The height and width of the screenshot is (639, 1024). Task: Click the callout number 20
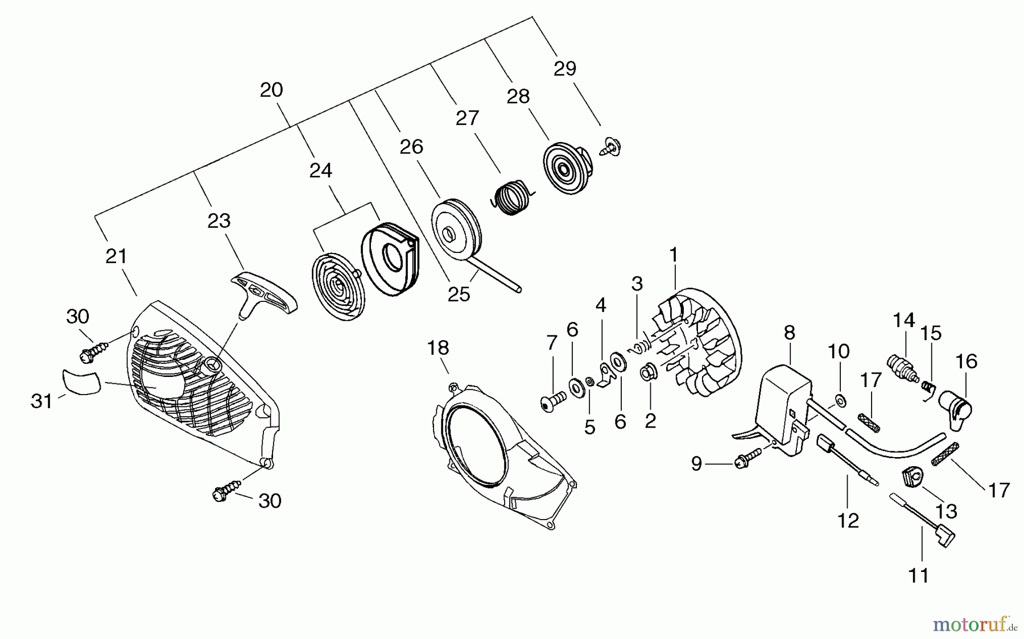[271, 90]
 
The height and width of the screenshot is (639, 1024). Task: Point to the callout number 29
[564, 69]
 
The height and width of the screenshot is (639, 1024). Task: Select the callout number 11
[919, 575]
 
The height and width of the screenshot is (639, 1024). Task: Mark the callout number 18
[438, 347]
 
